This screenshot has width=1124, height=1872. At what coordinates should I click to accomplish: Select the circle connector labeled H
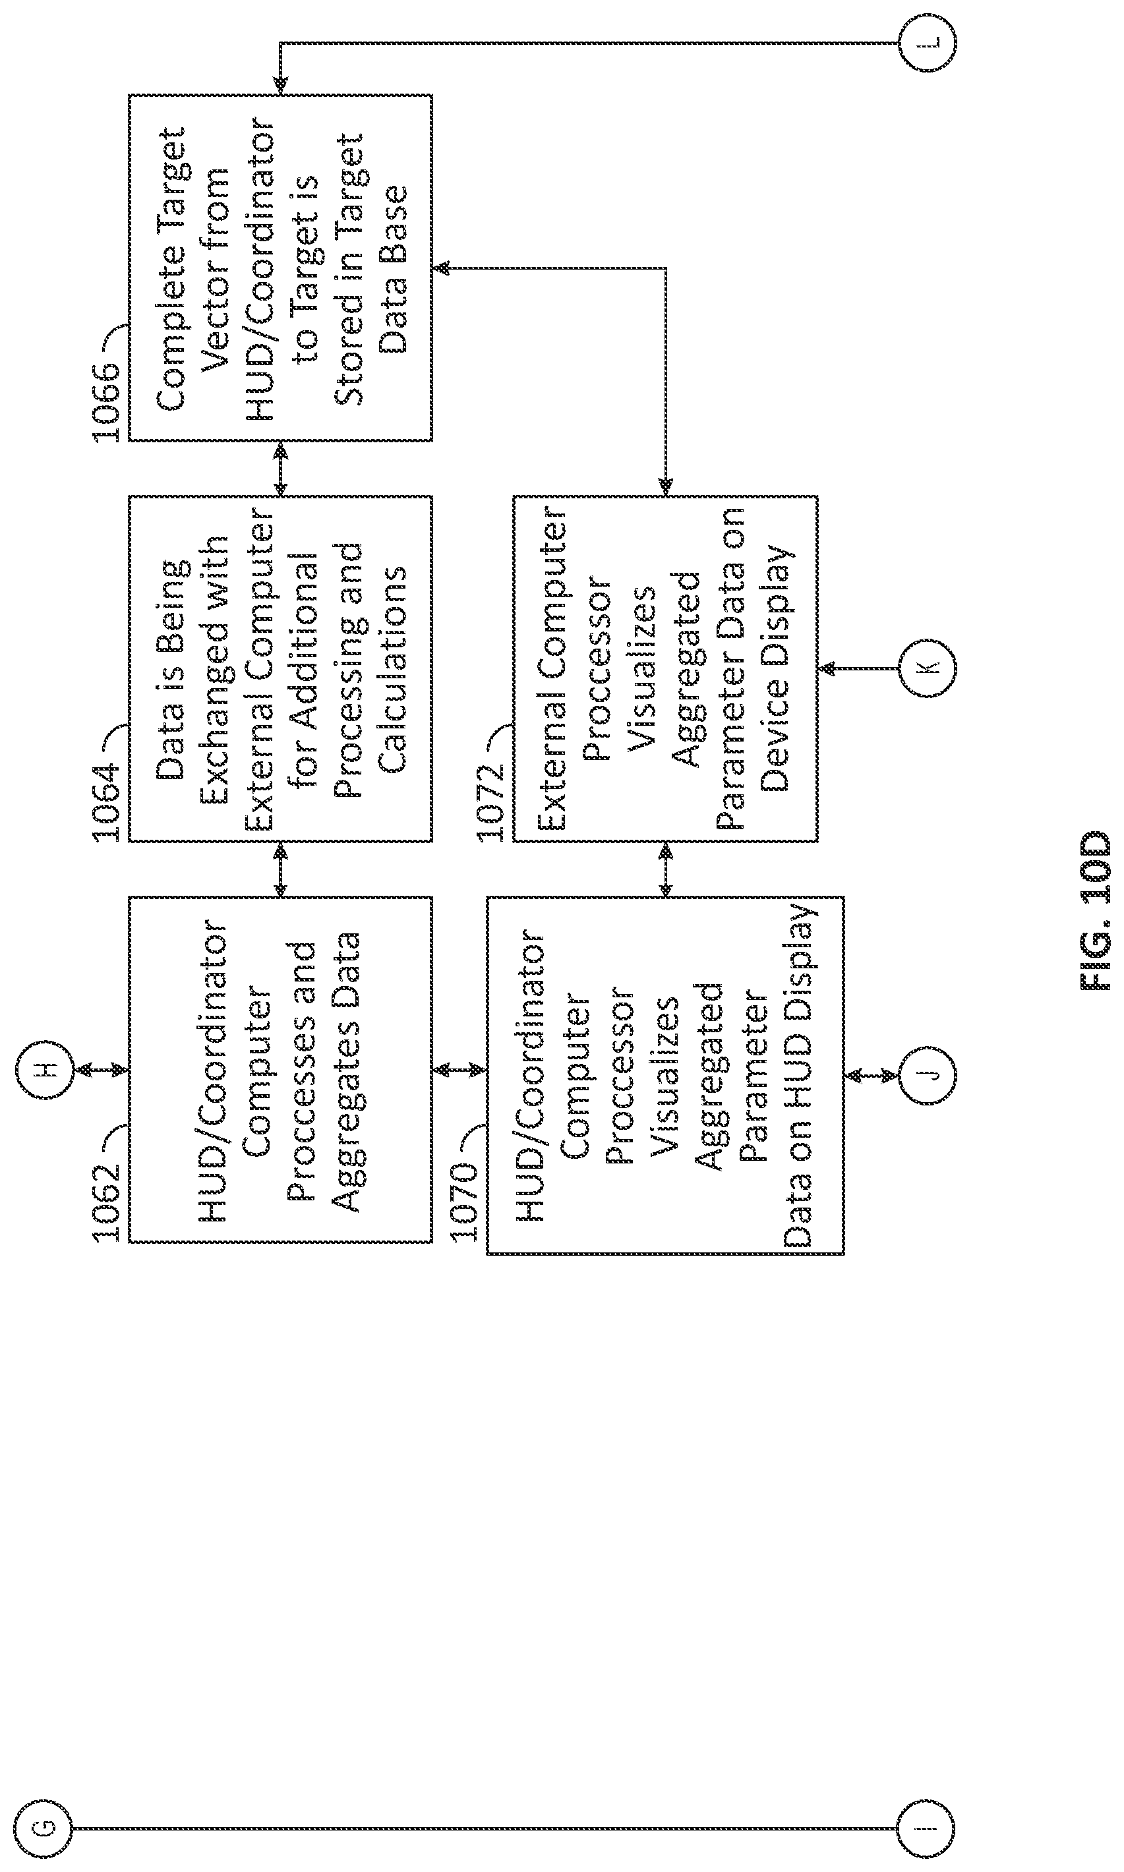click(45, 1069)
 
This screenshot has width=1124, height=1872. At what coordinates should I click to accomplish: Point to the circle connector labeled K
click(927, 668)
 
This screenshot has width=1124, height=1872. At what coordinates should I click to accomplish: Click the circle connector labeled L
click(927, 42)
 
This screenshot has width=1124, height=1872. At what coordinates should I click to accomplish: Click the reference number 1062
click(107, 1202)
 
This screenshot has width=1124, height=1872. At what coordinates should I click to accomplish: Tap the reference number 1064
click(107, 802)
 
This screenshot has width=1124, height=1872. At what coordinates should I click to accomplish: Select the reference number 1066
click(107, 402)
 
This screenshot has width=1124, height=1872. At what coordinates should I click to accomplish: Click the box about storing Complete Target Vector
click(280, 268)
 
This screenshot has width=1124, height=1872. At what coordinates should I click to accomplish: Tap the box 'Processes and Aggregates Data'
click(280, 1069)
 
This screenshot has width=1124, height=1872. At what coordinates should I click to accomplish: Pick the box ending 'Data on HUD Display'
click(665, 1075)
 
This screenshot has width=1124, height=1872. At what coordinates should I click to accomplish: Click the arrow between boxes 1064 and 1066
click(280, 469)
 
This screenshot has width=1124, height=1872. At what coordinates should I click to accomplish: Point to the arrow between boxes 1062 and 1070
click(459, 1069)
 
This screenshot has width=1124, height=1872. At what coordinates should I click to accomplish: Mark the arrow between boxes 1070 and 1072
click(665, 869)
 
